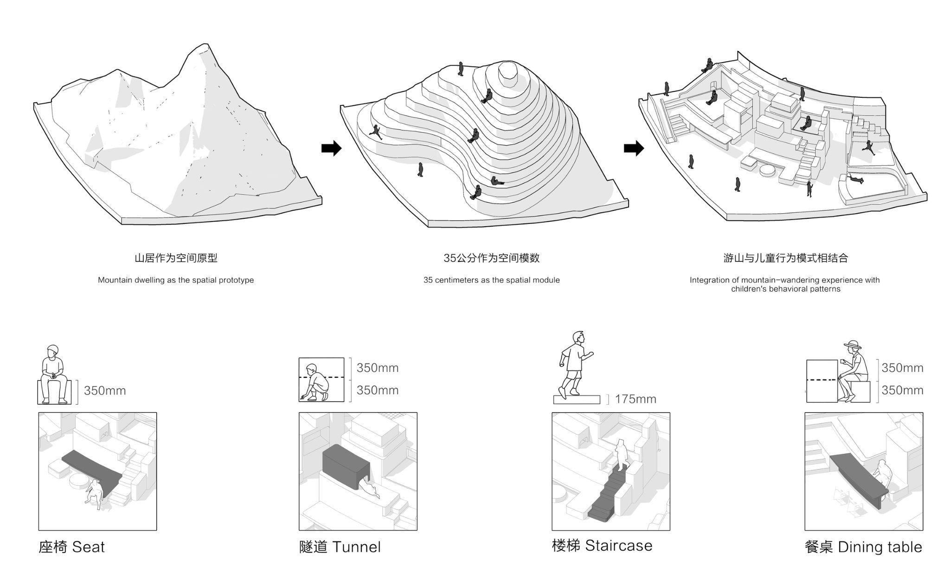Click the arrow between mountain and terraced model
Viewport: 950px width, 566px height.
point(331,148)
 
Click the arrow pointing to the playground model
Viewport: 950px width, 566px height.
point(634,148)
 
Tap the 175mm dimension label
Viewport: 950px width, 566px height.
point(635,399)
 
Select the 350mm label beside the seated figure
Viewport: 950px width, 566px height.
point(105,391)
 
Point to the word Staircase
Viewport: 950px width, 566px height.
point(618,546)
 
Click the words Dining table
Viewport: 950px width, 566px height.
point(880,547)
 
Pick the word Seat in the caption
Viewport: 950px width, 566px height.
point(88,547)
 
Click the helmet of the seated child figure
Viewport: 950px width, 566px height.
point(53,350)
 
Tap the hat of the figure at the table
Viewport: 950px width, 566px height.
point(853,345)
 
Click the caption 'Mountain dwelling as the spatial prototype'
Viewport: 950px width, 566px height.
point(176,280)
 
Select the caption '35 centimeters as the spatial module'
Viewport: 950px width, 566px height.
point(491,280)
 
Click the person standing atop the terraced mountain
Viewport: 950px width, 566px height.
point(461,69)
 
